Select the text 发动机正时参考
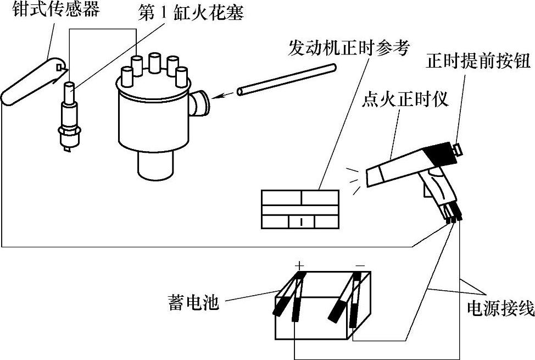(349, 48)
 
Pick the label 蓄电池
(193, 302)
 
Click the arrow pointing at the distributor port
(222, 96)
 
